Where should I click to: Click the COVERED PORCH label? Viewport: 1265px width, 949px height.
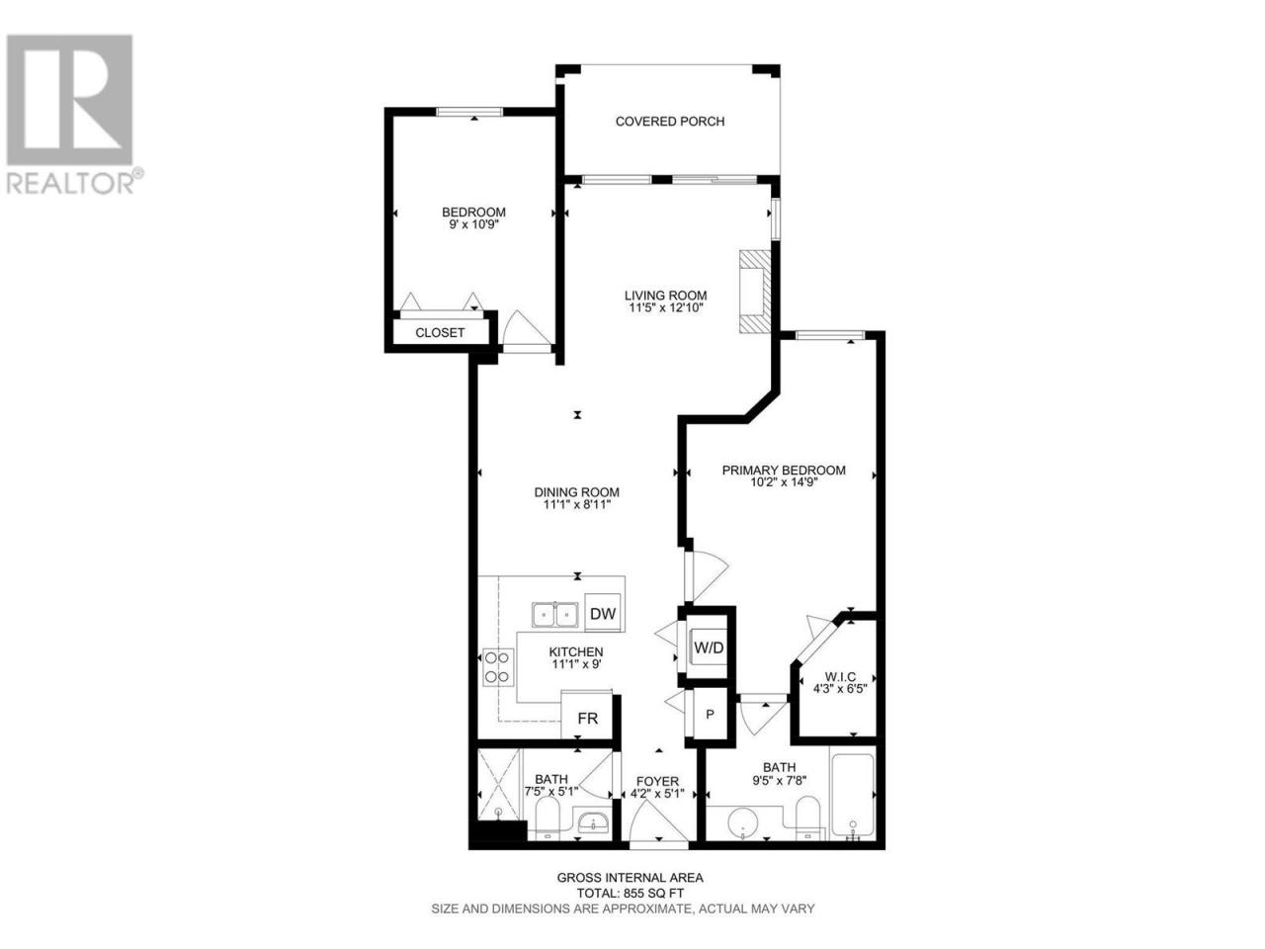pyautogui.click(x=670, y=122)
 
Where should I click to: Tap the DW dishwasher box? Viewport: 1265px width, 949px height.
pyautogui.click(x=602, y=613)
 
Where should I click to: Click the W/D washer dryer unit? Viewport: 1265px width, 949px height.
pyautogui.click(x=709, y=647)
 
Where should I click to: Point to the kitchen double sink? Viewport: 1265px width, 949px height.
pyautogui.click(x=554, y=614)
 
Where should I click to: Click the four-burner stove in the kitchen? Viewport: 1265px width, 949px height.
pyautogui.click(x=498, y=666)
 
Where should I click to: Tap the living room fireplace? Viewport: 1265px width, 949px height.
pyautogui.click(x=755, y=292)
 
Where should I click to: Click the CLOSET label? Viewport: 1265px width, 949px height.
pyautogui.click(x=440, y=333)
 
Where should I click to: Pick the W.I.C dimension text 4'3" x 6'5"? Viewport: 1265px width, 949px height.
pyautogui.click(x=840, y=689)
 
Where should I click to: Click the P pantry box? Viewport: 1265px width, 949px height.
pyautogui.click(x=710, y=715)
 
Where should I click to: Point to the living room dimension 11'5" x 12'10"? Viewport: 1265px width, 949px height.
pyautogui.click(x=666, y=307)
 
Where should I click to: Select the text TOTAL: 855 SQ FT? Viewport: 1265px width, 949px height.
pyautogui.click(x=631, y=894)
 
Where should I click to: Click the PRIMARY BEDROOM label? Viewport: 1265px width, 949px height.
pyautogui.click(x=784, y=471)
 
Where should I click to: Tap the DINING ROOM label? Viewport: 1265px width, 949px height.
pyautogui.click(x=577, y=492)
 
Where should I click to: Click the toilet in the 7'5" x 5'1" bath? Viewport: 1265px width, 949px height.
pyautogui.click(x=547, y=818)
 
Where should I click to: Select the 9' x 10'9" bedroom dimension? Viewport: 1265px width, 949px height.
pyautogui.click(x=473, y=224)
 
